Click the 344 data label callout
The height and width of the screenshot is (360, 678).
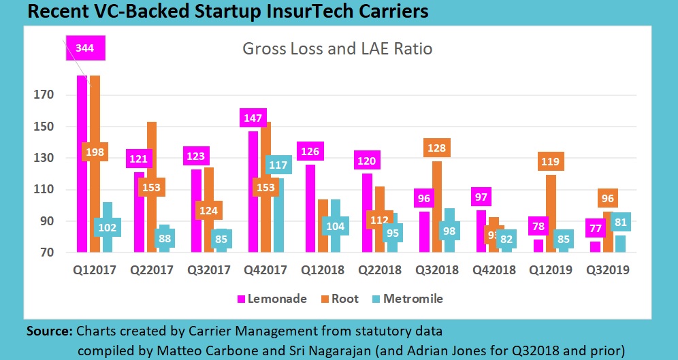pos(85,49)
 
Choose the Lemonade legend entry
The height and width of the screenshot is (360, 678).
pos(272,298)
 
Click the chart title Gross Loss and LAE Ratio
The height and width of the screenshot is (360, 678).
pos(338,49)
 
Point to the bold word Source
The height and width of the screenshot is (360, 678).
pos(50,331)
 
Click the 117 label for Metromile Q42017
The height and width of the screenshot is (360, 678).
pos(278,165)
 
